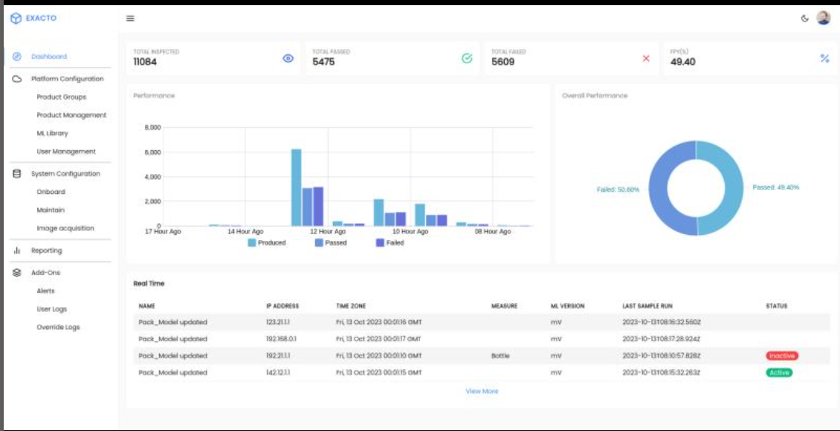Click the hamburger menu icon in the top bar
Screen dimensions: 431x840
130,19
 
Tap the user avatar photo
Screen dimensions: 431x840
823,18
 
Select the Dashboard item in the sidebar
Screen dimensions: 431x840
49,56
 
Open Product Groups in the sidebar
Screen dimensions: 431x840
61,97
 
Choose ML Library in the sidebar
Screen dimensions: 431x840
52,133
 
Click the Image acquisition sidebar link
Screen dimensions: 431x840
65,228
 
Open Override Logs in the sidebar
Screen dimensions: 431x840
58,327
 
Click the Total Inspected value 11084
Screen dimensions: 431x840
146,62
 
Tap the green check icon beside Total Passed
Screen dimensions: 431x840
467,58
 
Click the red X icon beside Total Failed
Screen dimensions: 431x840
646,58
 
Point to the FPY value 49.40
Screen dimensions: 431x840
682,62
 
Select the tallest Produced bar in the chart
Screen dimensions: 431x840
296,187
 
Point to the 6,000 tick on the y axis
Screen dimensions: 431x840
152,152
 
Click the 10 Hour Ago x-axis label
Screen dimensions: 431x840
410,232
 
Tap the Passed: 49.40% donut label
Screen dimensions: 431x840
775,187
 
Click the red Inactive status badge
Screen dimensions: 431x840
781,356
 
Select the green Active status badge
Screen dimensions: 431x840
779,372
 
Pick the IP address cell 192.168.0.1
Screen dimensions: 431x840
281,339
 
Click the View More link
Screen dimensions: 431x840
482,391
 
